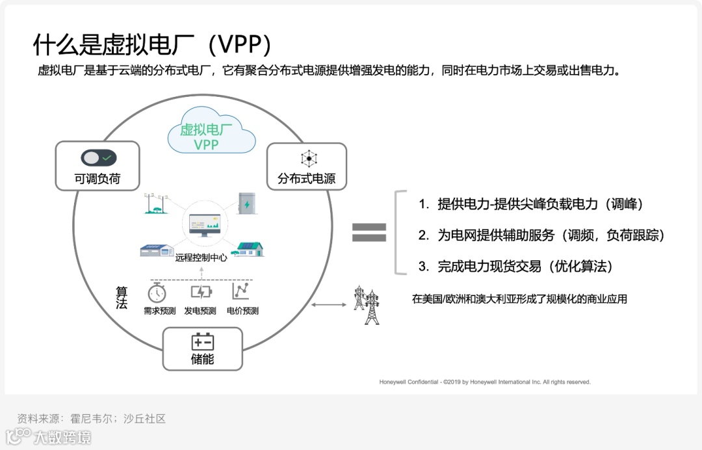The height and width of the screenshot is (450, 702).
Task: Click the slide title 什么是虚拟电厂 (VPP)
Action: [x=152, y=45]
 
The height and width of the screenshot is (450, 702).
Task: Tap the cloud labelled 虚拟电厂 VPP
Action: [x=207, y=135]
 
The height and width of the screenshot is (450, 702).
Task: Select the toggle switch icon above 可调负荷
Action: [x=98, y=157]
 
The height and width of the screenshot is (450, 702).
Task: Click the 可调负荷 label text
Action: [x=98, y=179]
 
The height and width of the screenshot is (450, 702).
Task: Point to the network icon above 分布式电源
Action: [x=307, y=159]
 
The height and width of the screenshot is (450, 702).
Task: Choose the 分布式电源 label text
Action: [x=307, y=179]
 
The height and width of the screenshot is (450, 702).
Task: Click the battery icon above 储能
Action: [x=202, y=342]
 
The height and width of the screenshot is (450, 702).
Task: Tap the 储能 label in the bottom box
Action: [x=202, y=359]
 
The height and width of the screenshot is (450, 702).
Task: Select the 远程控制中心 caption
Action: [x=201, y=258]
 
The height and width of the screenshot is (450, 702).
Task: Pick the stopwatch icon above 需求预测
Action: [x=157, y=292]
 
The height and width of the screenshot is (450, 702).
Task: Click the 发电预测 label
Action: [x=200, y=311]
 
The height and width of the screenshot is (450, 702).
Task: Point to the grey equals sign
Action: [x=369, y=233]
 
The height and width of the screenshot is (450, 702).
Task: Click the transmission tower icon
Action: [x=367, y=304]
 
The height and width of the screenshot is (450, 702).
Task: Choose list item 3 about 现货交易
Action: [x=515, y=266]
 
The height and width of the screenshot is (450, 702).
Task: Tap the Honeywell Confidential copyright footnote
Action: [x=485, y=382]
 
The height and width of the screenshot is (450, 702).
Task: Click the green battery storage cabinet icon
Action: [x=248, y=204]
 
